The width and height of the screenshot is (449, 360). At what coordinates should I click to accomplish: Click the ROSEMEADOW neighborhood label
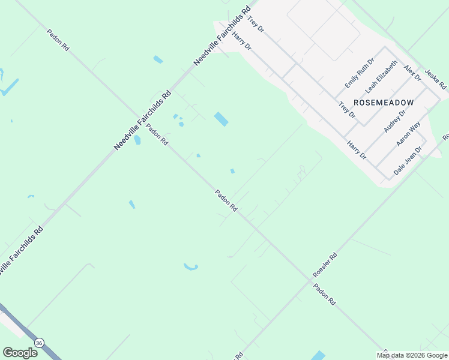coord(384,103)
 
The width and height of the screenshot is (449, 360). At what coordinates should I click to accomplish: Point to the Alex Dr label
coord(412,74)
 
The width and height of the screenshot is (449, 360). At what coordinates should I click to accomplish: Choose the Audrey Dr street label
coord(394,121)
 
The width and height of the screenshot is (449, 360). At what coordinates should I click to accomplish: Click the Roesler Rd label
coord(325,265)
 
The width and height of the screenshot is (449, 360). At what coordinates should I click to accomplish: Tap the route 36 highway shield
coord(39,343)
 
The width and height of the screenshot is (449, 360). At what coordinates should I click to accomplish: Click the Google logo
coord(20,353)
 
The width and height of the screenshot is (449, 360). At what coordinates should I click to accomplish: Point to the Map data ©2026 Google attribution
coord(412,355)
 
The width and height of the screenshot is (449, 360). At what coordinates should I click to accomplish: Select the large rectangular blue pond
coord(221,119)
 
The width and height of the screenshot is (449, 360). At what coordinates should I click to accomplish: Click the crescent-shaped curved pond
coord(191,266)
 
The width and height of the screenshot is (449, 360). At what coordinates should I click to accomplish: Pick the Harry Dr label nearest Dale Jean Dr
coord(357,149)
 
